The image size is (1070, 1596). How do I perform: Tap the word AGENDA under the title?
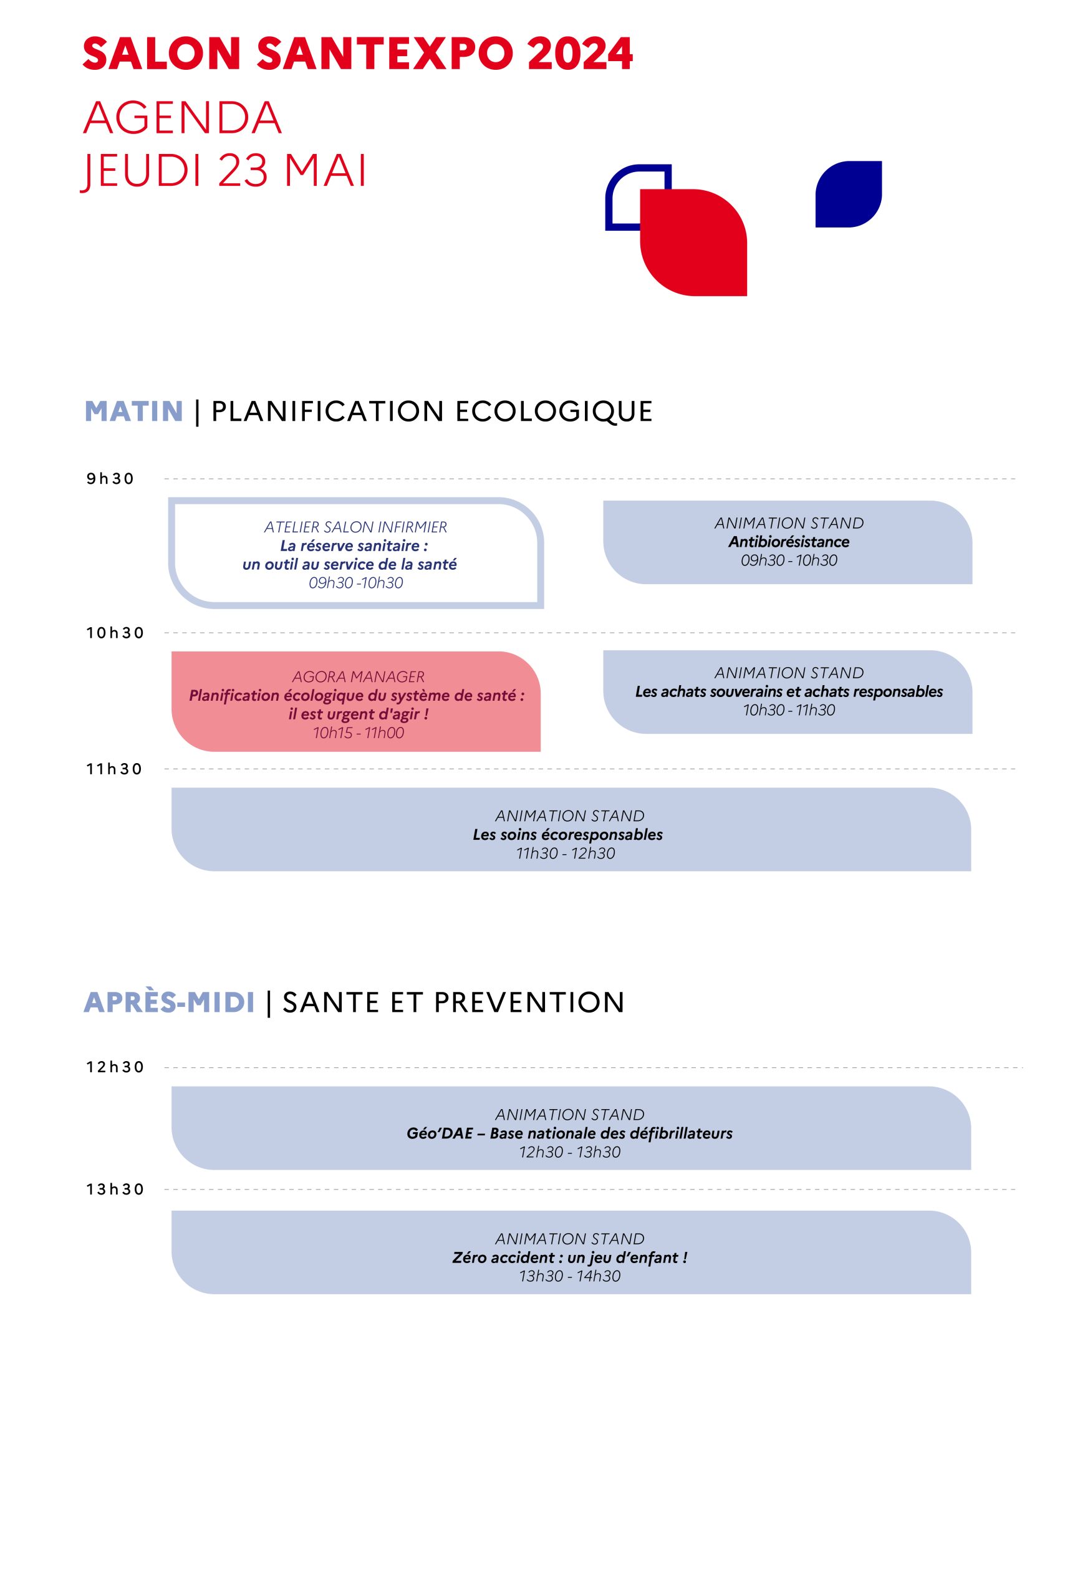[x=182, y=118]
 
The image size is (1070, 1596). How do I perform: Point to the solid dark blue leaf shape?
[x=849, y=194]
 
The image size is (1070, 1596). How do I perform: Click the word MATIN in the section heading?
[x=133, y=411]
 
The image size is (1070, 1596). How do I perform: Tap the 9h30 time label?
[x=110, y=479]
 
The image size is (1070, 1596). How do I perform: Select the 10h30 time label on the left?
[x=115, y=633]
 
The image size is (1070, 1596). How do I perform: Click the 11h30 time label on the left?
[x=115, y=769]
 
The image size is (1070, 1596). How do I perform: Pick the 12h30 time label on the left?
[x=115, y=1067]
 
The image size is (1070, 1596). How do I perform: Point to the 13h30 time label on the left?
[x=115, y=1190]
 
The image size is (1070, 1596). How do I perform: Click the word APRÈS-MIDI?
[x=169, y=1002]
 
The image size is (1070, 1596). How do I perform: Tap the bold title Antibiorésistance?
[x=789, y=542]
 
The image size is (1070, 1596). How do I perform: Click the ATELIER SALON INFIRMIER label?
[x=355, y=527]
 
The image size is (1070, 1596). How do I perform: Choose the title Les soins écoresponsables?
[x=568, y=835]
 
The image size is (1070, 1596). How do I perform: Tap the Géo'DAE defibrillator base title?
[x=570, y=1133]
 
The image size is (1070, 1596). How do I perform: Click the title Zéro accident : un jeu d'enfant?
[x=570, y=1257]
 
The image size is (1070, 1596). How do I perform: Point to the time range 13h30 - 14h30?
[x=570, y=1276]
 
